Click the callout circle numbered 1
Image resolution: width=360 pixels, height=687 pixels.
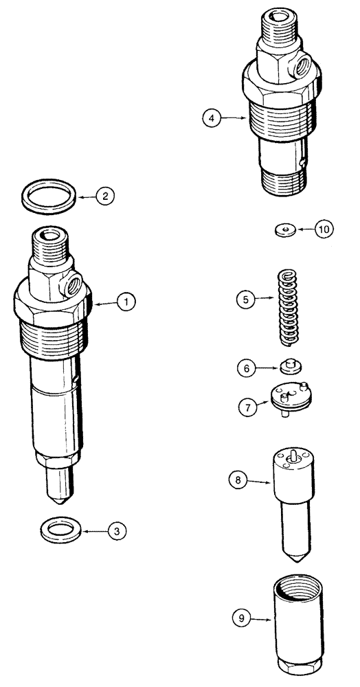[x=126, y=301]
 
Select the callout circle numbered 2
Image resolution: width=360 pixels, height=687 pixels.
[x=104, y=196]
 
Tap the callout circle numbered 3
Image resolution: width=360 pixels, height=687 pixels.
[x=117, y=530]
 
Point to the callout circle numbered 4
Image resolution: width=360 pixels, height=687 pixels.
[x=213, y=118]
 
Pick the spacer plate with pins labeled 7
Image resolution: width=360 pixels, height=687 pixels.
[x=292, y=400]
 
